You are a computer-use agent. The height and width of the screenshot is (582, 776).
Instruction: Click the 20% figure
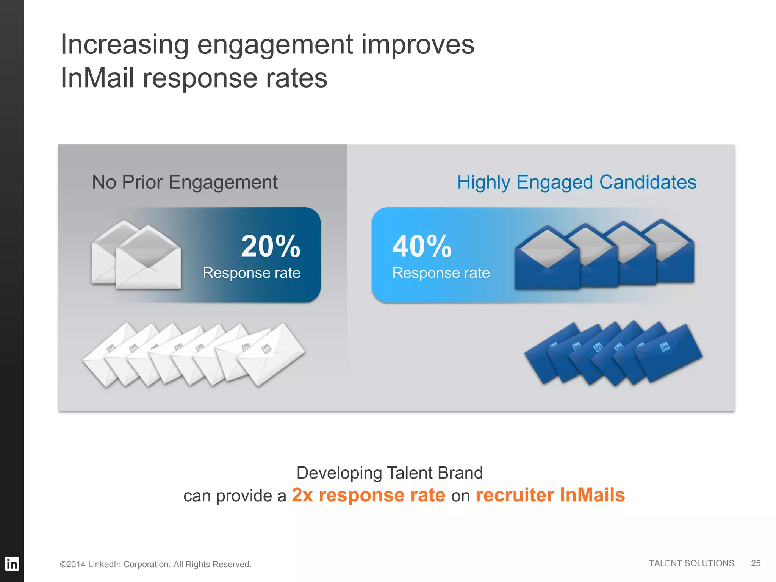click(271, 246)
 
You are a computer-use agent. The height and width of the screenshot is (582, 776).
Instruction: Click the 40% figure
click(422, 246)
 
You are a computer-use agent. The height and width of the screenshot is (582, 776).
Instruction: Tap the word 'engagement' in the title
click(275, 45)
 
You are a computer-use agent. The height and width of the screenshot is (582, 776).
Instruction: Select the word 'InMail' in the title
click(97, 78)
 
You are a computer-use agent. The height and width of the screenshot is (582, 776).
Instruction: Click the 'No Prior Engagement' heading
click(185, 182)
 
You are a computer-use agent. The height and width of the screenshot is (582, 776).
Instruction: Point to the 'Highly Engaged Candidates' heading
click(576, 182)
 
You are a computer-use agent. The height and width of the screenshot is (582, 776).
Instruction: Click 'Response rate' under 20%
click(251, 273)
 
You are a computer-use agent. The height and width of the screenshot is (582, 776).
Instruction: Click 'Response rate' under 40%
click(441, 273)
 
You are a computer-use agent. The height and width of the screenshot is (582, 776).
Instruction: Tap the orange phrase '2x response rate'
click(368, 495)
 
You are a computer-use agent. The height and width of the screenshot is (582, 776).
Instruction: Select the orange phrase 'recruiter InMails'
click(550, 495)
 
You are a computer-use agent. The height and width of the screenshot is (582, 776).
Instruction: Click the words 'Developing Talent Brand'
click(389, 473)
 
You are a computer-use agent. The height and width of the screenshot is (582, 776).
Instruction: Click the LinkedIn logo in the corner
click(12, 564)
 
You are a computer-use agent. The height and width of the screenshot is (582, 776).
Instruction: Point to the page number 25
click(756, 563)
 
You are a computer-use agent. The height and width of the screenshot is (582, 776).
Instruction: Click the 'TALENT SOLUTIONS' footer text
click(691, 563)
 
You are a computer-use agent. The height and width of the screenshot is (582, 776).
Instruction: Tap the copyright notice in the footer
click(155, 564)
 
